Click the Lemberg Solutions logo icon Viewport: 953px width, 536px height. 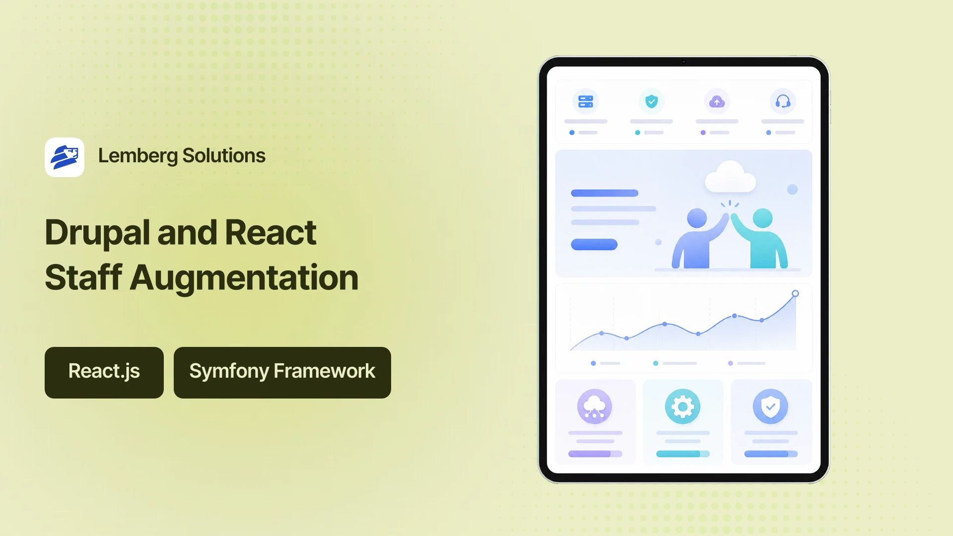coord(65,157)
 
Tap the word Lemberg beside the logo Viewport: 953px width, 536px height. coord(138,156)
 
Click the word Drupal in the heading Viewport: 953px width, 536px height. coord(97,232)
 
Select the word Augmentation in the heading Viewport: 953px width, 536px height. coord(244,277)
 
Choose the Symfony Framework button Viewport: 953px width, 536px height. coord(282,373)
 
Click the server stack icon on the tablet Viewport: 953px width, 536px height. coord(586,101)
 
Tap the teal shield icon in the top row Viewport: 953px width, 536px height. coord(651,101)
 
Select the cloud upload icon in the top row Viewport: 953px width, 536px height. coord(717,101)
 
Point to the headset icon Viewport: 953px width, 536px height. coord(783,101)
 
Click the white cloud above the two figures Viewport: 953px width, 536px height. coord(730,177)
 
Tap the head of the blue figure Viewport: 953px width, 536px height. coord(697,218)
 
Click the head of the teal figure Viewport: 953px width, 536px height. coord(762,218)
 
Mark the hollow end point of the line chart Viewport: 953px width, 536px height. coord(795,293)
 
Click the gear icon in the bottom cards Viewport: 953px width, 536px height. coord(682,406)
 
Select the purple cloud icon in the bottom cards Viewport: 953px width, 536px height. coord(595,406)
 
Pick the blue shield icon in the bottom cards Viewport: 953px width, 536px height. coord(770,406)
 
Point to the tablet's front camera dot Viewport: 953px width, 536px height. coord(683,62)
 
